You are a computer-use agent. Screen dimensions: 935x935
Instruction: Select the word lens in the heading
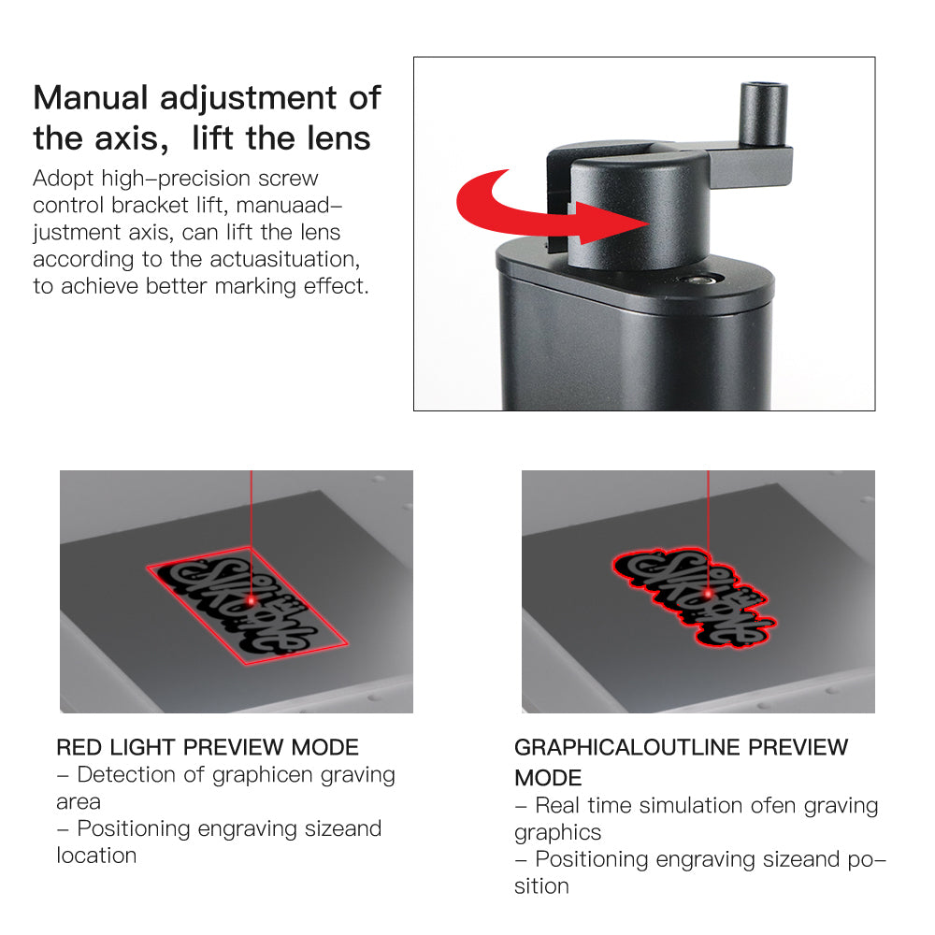point(334,138)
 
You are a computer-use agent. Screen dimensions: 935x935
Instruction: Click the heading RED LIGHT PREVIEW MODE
point(208,747)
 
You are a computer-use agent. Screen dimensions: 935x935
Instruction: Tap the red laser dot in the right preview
point(709,593)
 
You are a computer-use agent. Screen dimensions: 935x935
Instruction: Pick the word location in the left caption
point(96,856)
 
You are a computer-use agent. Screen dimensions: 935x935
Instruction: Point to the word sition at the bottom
point(541,886)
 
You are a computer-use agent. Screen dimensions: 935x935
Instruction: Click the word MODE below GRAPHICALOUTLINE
point(548,778)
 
